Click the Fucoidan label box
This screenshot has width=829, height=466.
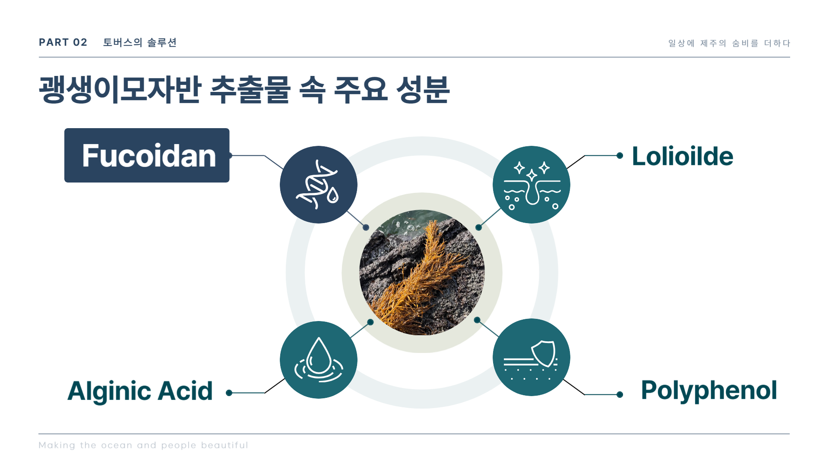[x=147, y=155]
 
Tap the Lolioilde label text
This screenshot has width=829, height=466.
[x=683, y=156]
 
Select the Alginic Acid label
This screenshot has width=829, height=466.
[x=140, y=391]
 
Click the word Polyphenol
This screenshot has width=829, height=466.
[x=709, y=391]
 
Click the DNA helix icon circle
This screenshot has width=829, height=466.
[x=319, y=185]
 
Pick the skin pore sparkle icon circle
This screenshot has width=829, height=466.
[x=532, y=185]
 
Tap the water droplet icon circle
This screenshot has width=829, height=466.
[x=319, y=360]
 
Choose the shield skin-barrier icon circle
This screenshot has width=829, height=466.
[x=532, y=357]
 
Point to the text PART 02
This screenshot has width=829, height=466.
[x=63, y=42]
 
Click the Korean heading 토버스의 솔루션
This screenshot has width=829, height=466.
[x=140, y=42]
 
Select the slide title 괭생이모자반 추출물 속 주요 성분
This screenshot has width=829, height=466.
[x=244, y=89]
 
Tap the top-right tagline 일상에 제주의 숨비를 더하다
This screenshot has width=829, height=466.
[x=729, y=43]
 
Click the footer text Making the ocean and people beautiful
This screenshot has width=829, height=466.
[x=143, y=445]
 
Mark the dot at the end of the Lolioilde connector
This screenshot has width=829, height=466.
[x=620, y=155]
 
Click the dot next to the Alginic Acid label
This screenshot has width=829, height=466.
[x=229, y=393]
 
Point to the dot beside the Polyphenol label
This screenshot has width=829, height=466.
[x=620, y=394]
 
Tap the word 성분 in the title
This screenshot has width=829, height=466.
[x=423, y=89]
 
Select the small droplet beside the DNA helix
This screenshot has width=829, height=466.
[x=333, y=195]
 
